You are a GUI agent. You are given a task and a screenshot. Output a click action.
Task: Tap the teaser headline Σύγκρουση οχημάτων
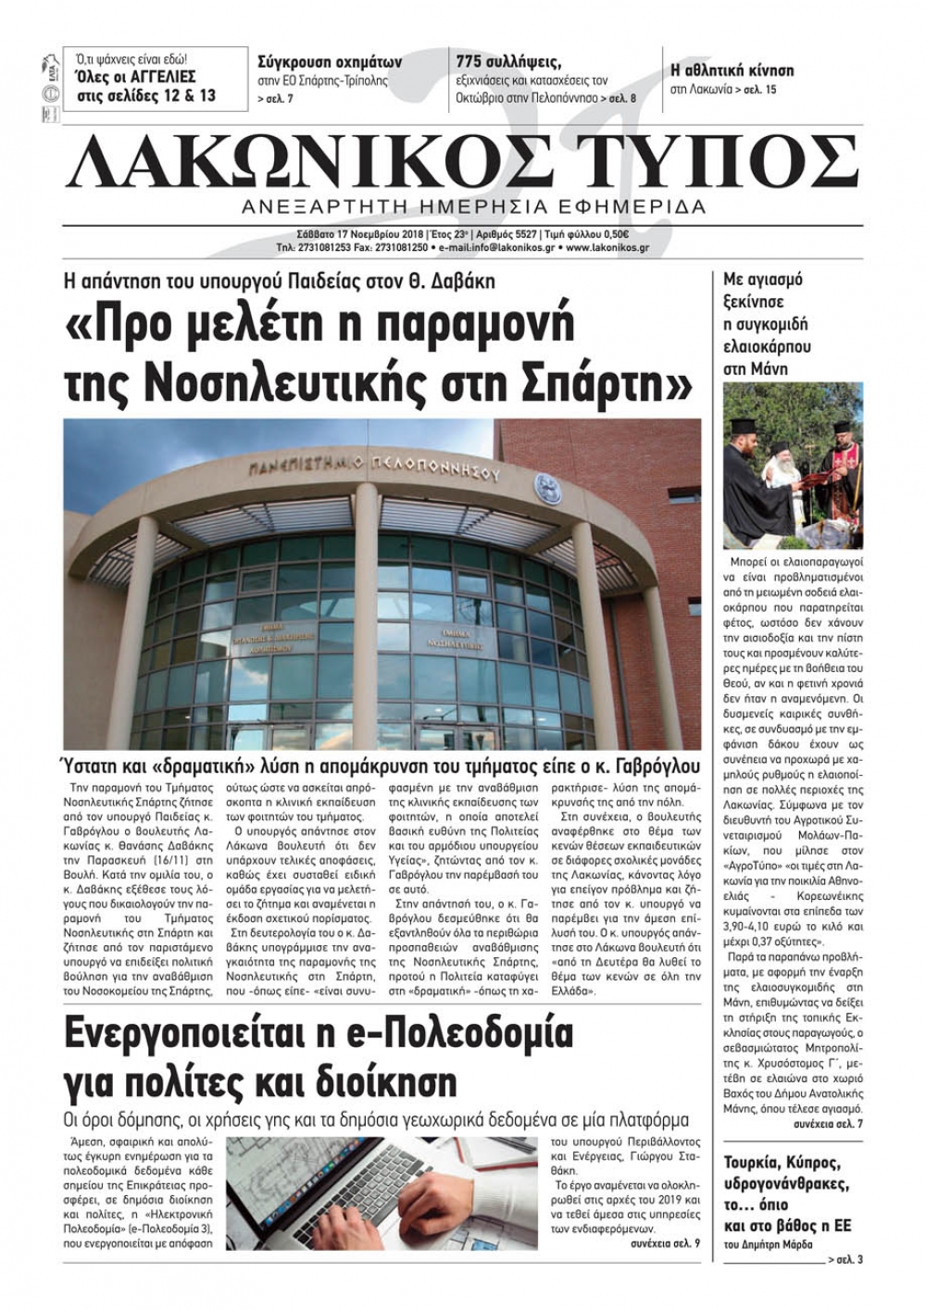point(330,63)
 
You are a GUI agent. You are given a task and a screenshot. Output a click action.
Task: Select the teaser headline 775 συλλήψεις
point(508,62)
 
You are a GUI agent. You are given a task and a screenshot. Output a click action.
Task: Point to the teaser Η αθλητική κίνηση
point(732,70)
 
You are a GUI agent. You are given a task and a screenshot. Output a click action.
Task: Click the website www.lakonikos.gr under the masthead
point(607,248)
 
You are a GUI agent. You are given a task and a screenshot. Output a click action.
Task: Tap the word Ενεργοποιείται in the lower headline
point(210,1034)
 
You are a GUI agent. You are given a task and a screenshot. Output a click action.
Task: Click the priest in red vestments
point(840,463)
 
